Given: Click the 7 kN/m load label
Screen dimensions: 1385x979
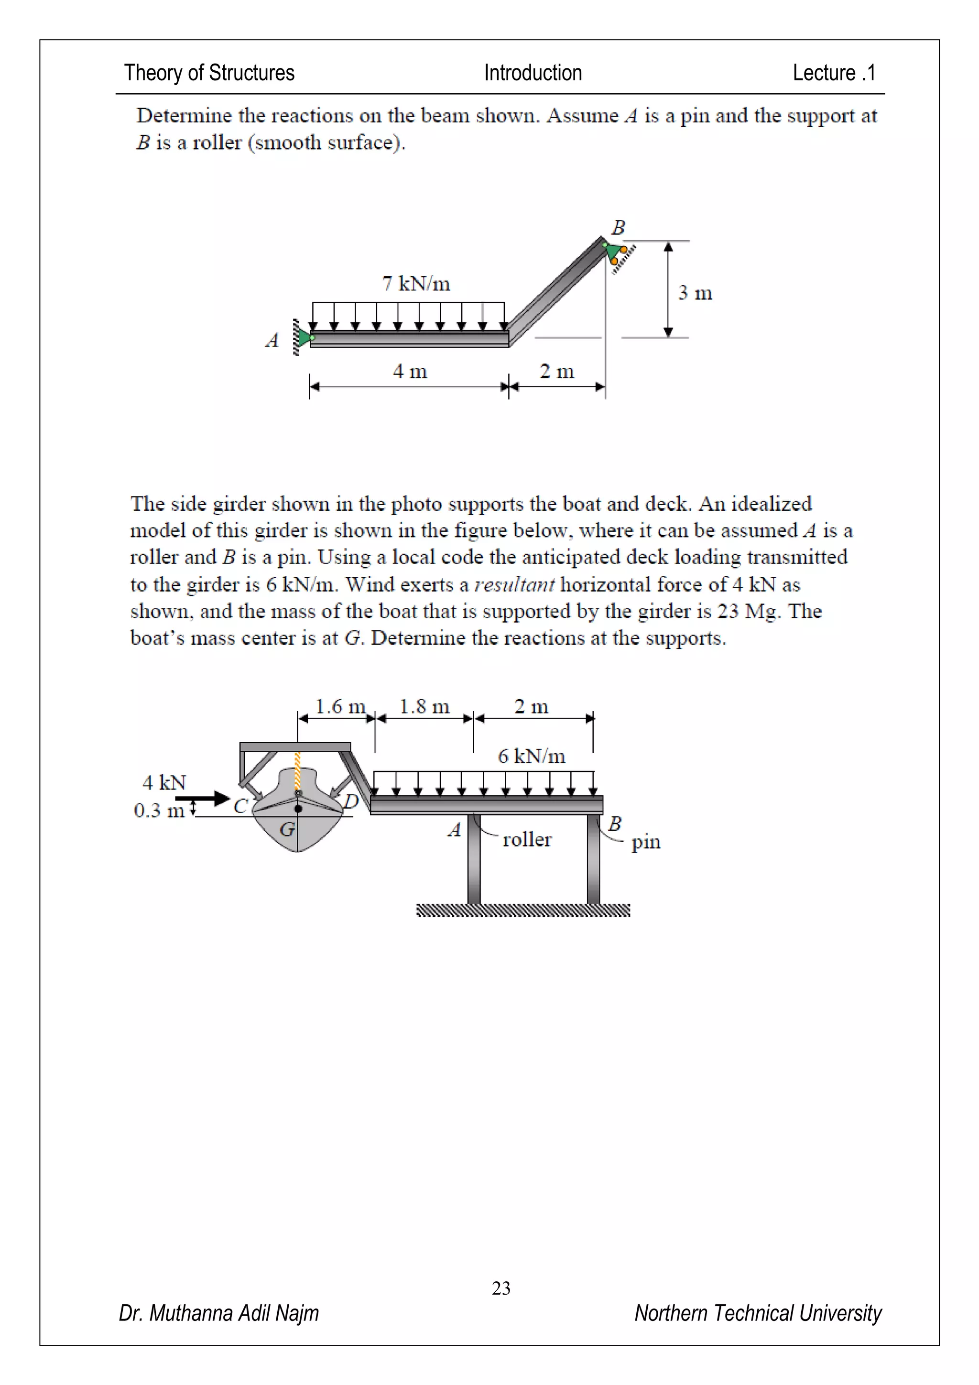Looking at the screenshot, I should coord(416,283).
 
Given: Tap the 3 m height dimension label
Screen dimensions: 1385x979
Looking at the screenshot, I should coord(695,293).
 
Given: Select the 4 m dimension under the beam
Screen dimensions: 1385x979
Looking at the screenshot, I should coord(410,371).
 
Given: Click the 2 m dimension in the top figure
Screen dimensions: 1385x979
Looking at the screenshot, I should coord(556,371).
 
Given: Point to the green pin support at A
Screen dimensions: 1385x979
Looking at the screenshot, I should coord(305,338).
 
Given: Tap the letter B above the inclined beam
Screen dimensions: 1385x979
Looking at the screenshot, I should coord(618,228).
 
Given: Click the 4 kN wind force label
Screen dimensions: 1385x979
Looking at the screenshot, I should coord(164,782).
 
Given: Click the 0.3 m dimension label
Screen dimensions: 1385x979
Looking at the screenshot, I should coord(159,811).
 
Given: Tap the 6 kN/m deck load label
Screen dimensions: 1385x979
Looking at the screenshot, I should coord(531,756).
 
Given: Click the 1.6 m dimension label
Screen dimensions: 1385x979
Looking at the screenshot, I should coord(340,706).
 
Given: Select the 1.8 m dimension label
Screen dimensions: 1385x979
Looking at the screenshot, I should coord(424,706).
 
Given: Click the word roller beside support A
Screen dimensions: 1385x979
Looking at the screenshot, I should coord(526,839).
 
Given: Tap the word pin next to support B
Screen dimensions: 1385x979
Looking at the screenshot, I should coord(646,842).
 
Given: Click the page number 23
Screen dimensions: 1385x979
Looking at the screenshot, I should coord(501,1288).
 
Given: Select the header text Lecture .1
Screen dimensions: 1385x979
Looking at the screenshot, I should coord(834,73).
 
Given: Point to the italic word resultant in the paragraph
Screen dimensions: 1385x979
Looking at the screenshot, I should coord(514,584).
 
